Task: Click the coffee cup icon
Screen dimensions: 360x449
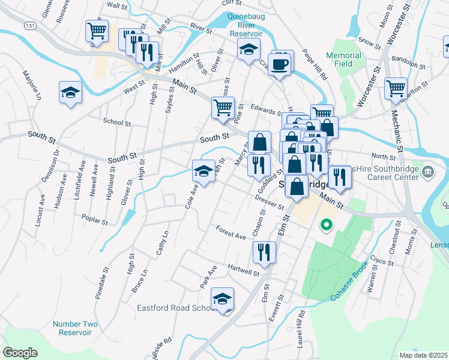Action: click(280, 63)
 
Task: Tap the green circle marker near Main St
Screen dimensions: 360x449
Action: click(327, 226)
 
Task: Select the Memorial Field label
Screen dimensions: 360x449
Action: click(343, 60)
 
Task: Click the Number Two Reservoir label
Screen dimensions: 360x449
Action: click(72, 328)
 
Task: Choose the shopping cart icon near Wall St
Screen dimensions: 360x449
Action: click(97, 30)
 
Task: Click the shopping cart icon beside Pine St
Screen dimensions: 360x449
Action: click(223, 108)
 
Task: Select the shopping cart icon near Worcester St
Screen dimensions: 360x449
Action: click(396, 89)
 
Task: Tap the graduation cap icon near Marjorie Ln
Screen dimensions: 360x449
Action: click(70, 92)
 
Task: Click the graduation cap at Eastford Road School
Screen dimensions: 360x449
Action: click(222, 298)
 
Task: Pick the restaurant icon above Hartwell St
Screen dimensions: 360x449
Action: click(264, 252)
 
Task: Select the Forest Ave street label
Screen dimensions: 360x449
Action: click(232, 233)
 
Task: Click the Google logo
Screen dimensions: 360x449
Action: click(20, 352)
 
